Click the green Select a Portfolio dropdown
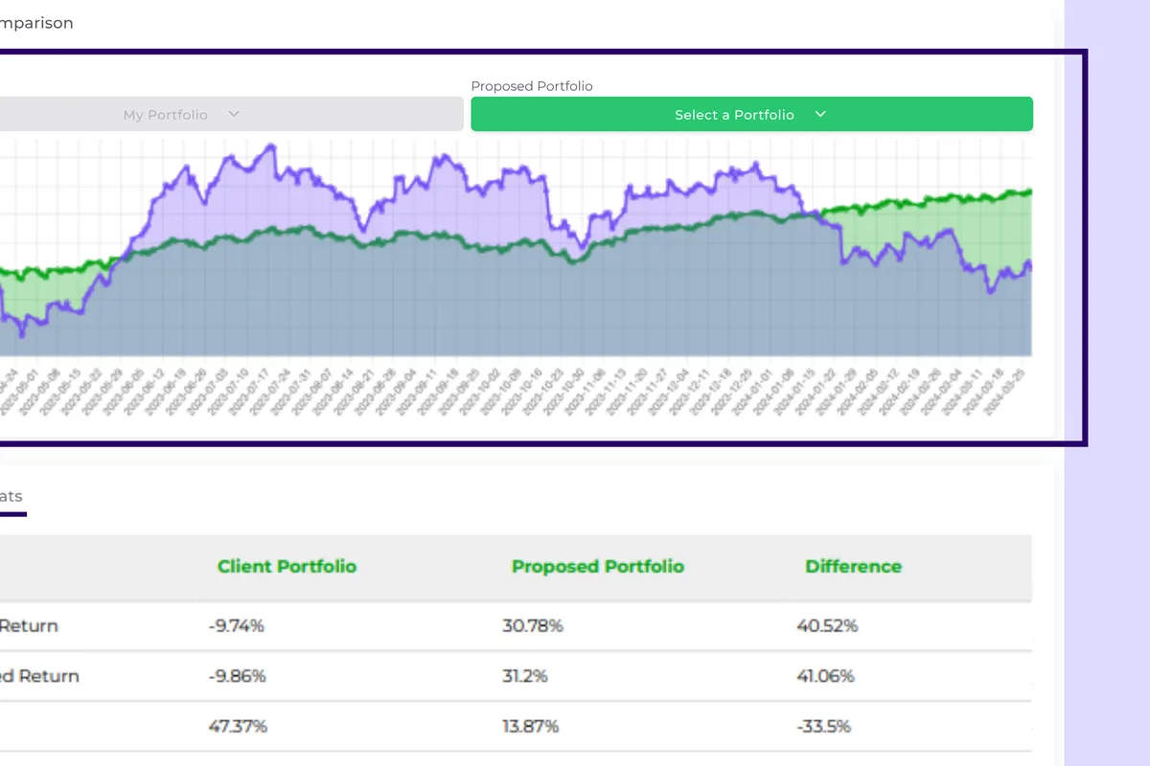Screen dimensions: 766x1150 [751, 114]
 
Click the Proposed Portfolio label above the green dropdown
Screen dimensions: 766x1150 [532, 86]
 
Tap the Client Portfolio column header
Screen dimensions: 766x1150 [287, 566]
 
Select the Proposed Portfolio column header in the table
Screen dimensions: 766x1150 [598, 566]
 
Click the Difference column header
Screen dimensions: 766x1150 [853, 566]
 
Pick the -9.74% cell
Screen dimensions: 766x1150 [236, 626]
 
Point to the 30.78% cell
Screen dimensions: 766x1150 [533, 626]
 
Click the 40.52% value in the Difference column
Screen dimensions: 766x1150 [827, 626]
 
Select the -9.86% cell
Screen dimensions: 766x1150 [237, 676]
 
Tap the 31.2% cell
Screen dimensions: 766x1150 [525, 676]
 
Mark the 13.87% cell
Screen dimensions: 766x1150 [531, 726]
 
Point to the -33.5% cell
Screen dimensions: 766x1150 [823, 726]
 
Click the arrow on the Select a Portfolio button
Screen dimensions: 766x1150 [820, 114]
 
